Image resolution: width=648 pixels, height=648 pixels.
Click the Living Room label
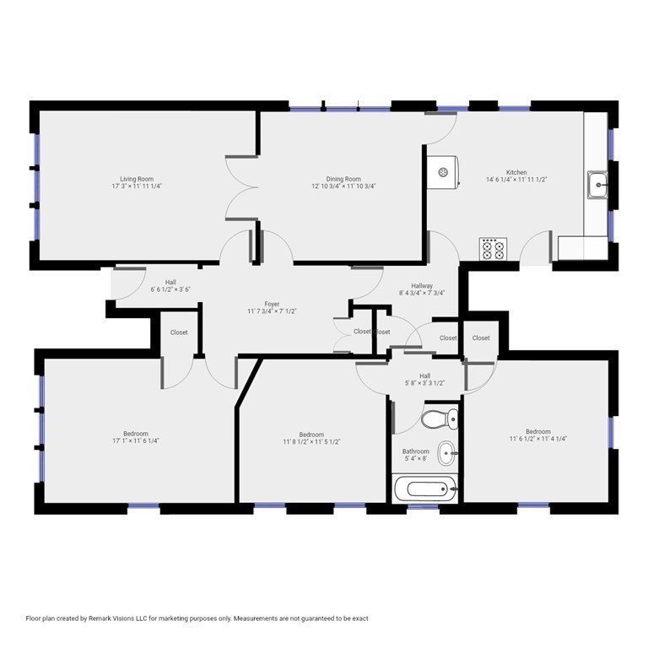(x=136, y=179)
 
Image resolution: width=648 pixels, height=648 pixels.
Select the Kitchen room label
(x=516, y=173)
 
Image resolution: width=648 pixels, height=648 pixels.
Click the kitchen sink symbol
(x=598, y=182)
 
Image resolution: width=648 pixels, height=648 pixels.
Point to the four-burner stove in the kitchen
(x=493, y=249)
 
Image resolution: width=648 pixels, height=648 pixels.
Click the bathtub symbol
(x=427, y=488)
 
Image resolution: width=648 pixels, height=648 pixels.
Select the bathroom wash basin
(x=446, y=453)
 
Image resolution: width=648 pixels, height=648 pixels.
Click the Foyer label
(x=272, y=305)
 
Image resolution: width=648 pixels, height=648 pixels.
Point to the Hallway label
(x=422, y=286)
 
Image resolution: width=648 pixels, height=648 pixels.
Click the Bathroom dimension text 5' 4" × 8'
(x=415, y=460)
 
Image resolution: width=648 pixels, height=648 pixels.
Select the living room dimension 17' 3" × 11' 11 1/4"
(x=136, y=186)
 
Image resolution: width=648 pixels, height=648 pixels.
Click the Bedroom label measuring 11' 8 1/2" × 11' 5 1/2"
(x=311, y=435)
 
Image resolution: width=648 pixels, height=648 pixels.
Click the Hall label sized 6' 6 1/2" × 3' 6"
(x=170, y=283)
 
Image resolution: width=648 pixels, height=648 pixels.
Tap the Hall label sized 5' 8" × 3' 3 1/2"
(x=424, y=376)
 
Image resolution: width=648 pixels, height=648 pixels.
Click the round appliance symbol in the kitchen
(x=443, y=172)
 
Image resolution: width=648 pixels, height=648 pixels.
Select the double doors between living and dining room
(x=241, y=189)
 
